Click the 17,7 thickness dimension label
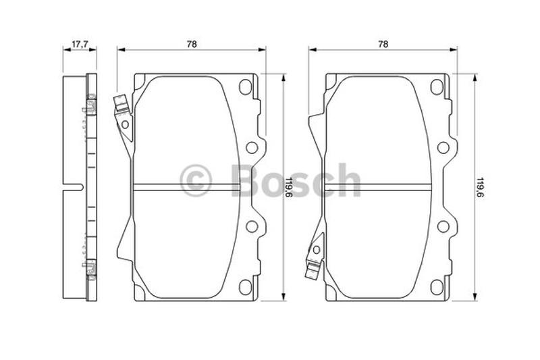coord(80,44)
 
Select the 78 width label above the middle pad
coord(192,44)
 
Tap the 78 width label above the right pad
coord(383,44)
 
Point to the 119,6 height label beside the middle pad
coord(288,186)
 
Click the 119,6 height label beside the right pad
coord(480,186)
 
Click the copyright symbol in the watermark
coord(196,181)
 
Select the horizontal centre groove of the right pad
coord(378,187)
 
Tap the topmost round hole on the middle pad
coord(245,86)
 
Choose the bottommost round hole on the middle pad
coord(245,286)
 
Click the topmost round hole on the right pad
coord(437,86)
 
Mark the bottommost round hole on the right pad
coord(437,286)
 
